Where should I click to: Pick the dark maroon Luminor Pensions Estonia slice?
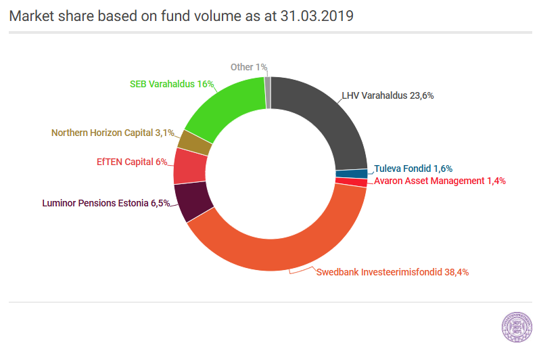pos(193,202)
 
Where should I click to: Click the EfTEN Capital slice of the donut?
pos(190,166)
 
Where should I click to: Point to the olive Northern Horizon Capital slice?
pos(195,142)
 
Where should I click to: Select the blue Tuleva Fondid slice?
pos(351,174)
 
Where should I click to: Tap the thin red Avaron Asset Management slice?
pos(351,182)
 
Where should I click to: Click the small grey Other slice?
pos(268,93)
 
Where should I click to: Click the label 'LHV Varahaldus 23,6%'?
pos(388,95)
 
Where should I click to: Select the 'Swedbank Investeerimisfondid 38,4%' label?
pos(392,272)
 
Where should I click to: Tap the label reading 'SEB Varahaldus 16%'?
pos(172,84)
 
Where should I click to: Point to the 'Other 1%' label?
pos(249,67)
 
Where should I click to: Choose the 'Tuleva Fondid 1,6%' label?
pos(413,168)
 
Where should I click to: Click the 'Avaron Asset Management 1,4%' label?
pos(440,181)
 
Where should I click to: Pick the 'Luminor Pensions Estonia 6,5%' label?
pos(106,203)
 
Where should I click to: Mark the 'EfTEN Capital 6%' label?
pos(132,162)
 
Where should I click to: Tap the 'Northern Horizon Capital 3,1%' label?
pos(113,133)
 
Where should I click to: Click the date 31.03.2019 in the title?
pos(317,16)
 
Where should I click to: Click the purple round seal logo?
pos(517,327)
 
